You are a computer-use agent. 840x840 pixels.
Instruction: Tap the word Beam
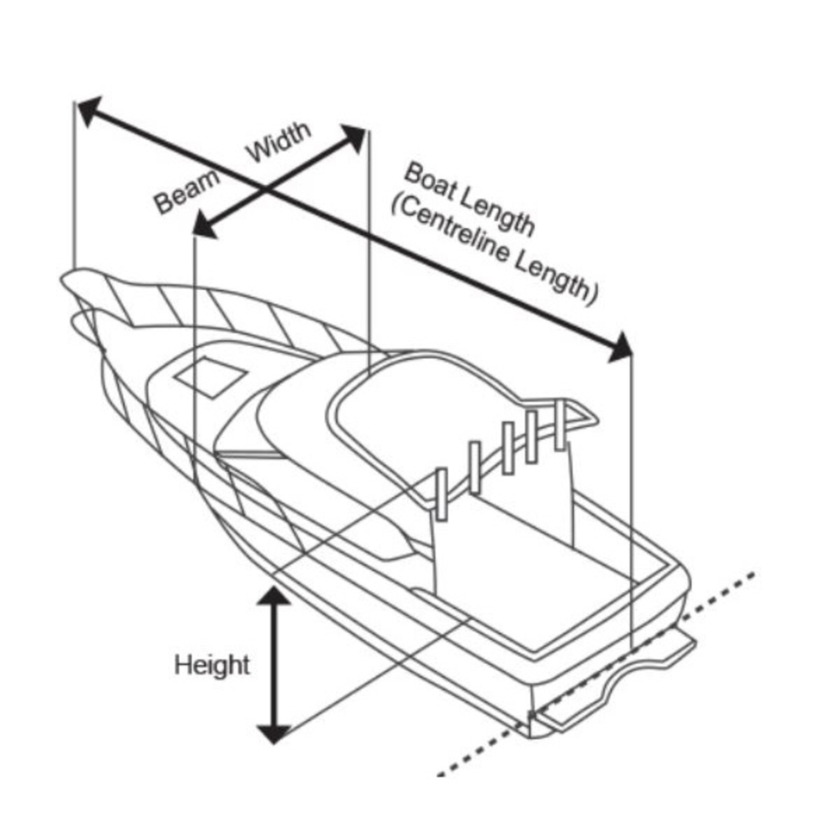pyautogui.click(x=188, y=192)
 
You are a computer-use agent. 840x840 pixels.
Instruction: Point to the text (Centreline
pyautogui.click(x=449, y=230)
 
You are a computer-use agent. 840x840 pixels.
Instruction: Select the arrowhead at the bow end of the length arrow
pyautogui.click(x=89, y=111)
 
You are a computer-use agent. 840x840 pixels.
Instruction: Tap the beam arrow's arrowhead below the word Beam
pyautogui.click(x=204, y=225)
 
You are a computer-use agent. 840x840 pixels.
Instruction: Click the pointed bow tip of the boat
pyautogui.click(x=63, y=279)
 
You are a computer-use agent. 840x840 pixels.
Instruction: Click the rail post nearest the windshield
pyautogui.click(x=442, y=494)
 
